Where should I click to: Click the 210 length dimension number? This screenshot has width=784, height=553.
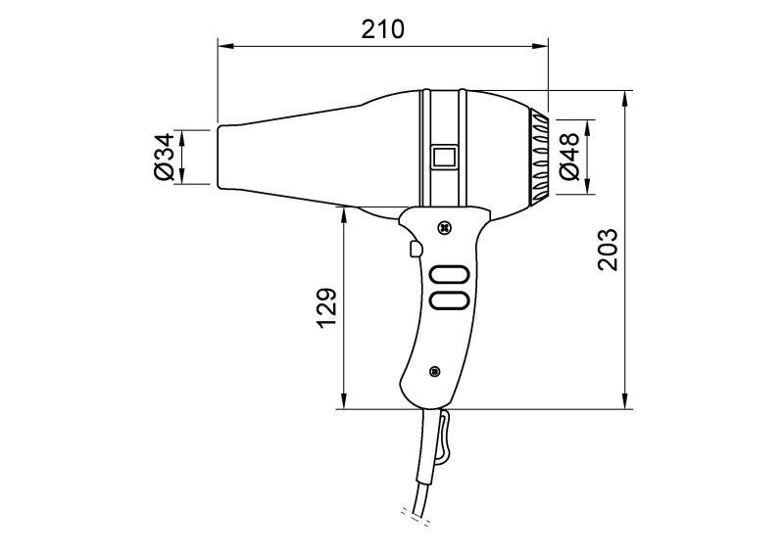coord(382,29)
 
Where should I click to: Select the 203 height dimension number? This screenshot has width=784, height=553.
coord(608,250)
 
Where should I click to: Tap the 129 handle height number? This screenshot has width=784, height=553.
coord(327,307)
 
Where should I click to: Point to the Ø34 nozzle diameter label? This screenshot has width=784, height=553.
coord(164,157)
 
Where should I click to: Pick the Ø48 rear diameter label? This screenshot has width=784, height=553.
coord(569,157)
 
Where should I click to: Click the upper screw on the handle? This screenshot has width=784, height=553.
coord(444,228)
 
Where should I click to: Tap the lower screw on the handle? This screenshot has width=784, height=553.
coord(434,371)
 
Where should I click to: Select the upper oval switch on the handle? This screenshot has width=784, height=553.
coord(449,275)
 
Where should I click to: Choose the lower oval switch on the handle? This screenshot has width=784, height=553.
coord(449,300)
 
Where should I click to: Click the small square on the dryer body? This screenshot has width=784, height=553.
coord(444,157)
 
